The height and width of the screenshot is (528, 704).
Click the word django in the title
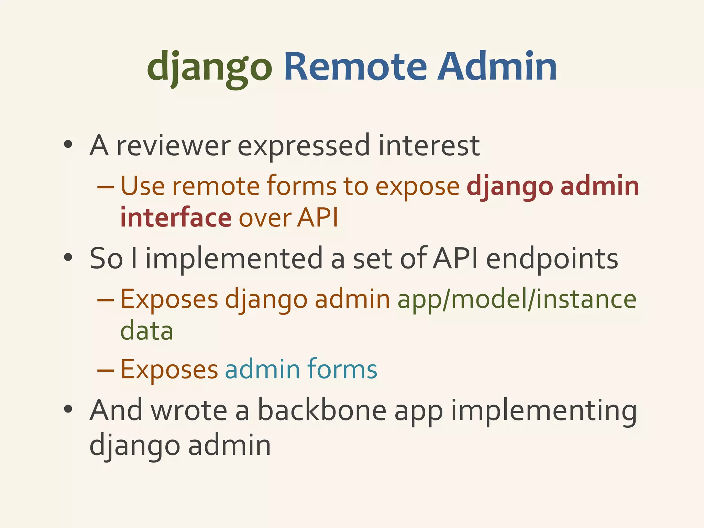(210, 67)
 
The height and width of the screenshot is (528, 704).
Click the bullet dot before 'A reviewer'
(68, 145)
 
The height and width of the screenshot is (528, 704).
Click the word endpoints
(552, 258)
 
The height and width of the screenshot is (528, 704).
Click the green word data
(146, 331)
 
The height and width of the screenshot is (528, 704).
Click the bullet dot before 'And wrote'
(68, 409)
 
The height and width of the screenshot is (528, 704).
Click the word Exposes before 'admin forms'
(169, 369)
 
